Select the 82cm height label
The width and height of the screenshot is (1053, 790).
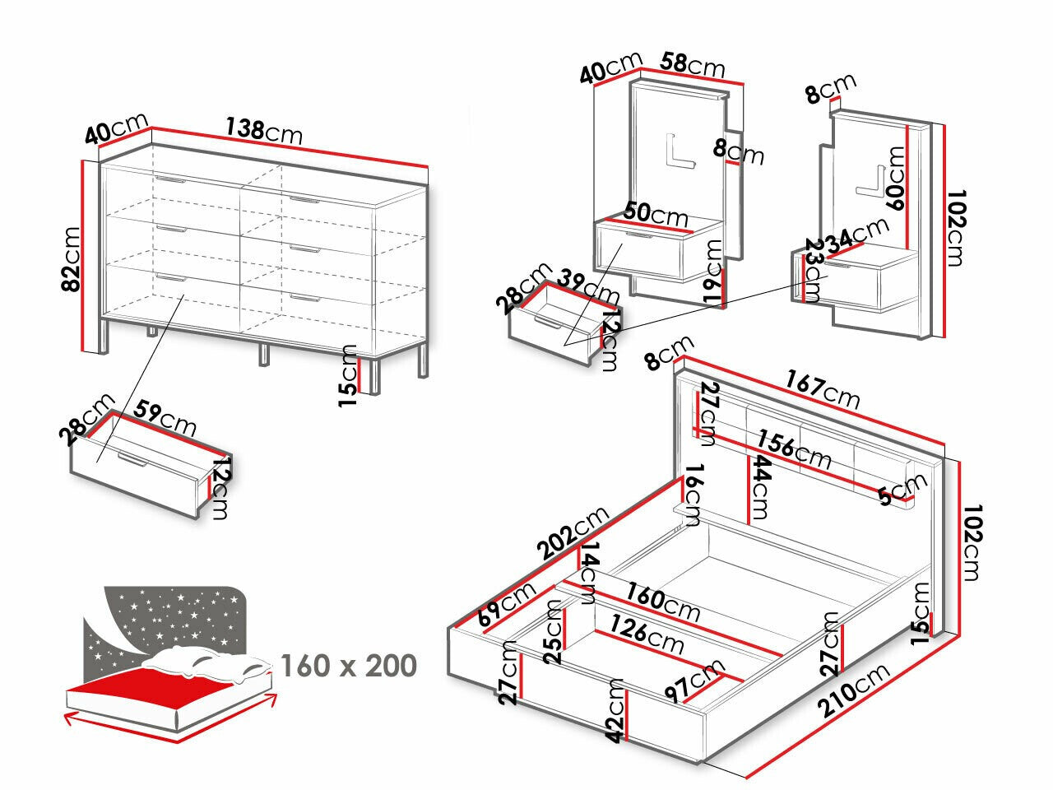point(72,260)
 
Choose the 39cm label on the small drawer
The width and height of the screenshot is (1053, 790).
point(588,285)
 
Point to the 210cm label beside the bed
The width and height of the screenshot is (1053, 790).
point(854,690)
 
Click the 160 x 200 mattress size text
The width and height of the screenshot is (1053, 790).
point(349,665)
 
